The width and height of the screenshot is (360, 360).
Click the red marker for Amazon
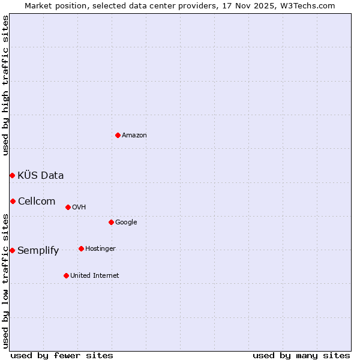[118, 135]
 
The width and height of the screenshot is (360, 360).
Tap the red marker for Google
[111, 222]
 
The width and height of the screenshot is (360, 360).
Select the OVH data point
[68, 207]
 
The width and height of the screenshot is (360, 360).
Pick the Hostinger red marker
[81, 248]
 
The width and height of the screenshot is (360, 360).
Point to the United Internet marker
[66, 275]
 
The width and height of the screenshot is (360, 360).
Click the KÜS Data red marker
[12, 175]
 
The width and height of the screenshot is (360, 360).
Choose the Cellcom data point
[13, 201]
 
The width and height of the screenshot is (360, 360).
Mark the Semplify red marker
[12, 250]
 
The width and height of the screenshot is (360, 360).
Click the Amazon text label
[134, 135]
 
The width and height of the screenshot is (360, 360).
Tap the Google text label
[126, 222]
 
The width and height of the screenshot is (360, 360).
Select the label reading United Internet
[95, 275]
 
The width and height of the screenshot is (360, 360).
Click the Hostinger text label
[100, 248]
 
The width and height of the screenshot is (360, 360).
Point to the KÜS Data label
[41, 175]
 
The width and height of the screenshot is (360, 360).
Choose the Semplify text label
[38, 250]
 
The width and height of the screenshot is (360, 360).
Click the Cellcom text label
[37, 201]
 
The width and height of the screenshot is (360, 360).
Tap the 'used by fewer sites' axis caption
[62, 355]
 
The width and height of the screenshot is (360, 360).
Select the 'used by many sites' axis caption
[301, 355]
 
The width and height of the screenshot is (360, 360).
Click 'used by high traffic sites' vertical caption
[5, 85]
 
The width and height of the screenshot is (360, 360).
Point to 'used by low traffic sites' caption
[5, 281]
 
